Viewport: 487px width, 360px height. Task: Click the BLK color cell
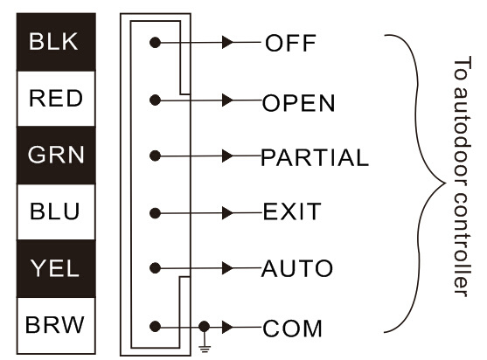pyautogui.click(x=56, y=42)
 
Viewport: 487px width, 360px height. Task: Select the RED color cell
pyautogui.click(x=56, y=99)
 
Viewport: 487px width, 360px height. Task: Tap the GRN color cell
pyautogui.click(x=56, y=155)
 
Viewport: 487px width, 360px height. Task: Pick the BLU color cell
pyautogui.click(x=56, y=211)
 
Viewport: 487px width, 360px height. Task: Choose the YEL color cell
pyautogui.click(x=56, y=268)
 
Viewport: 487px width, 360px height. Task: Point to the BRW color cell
pyautogui.click(x=56, y=325)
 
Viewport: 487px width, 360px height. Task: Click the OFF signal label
pyautogui.click(x=290, y=43)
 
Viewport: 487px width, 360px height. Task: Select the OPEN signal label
pyautogui.click(x=298, y=103)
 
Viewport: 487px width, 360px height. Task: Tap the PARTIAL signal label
pyautogui.click(x=315, y=157)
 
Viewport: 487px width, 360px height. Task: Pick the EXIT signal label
pyautogui.click(x=292, y=211)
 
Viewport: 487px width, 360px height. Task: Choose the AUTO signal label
pyautogui.click(x=297, y=268)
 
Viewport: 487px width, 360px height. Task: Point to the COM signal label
pyautogui.click(x=292, y=329)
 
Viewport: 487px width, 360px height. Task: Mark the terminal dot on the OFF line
pyautogui.click(x=155, y=42)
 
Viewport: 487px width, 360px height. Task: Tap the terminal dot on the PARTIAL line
pyautogui.click(x=155, y=156)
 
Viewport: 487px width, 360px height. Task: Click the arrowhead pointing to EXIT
pyautogui.click(x=227, y=213)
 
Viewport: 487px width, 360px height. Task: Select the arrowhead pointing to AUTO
pyautogui.click(x=227, y=268)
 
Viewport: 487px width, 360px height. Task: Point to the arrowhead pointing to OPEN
pyautogui.click(x=227, y=100)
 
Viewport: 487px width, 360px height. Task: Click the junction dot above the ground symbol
pyautogui.click(x=204, y=327)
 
